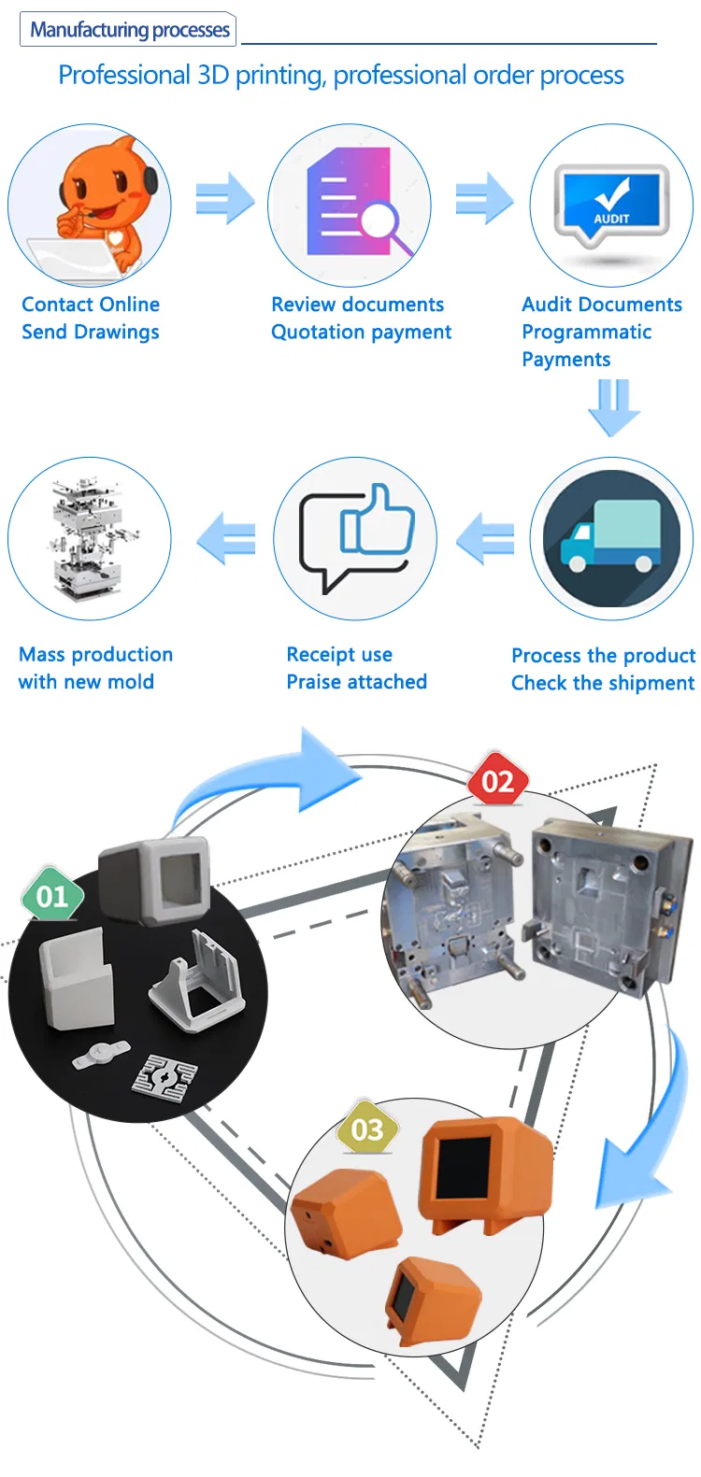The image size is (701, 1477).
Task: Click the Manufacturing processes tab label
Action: (129, 30)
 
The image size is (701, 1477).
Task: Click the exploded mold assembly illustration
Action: (90, 538)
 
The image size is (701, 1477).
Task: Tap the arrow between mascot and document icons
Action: (225, 199)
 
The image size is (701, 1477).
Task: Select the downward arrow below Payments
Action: (613, 406)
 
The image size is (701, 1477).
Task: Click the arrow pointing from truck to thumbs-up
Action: (485, 539)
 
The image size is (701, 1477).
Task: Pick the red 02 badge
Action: (498, 781)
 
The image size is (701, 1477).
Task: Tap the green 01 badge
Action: (52, 896)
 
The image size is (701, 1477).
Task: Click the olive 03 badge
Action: (367, 1129)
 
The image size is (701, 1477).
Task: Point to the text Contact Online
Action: (91, 305)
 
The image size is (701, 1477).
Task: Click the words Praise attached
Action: (356, 682)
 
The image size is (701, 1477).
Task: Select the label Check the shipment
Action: (602, 683)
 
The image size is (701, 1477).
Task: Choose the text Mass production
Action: (95, 654)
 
